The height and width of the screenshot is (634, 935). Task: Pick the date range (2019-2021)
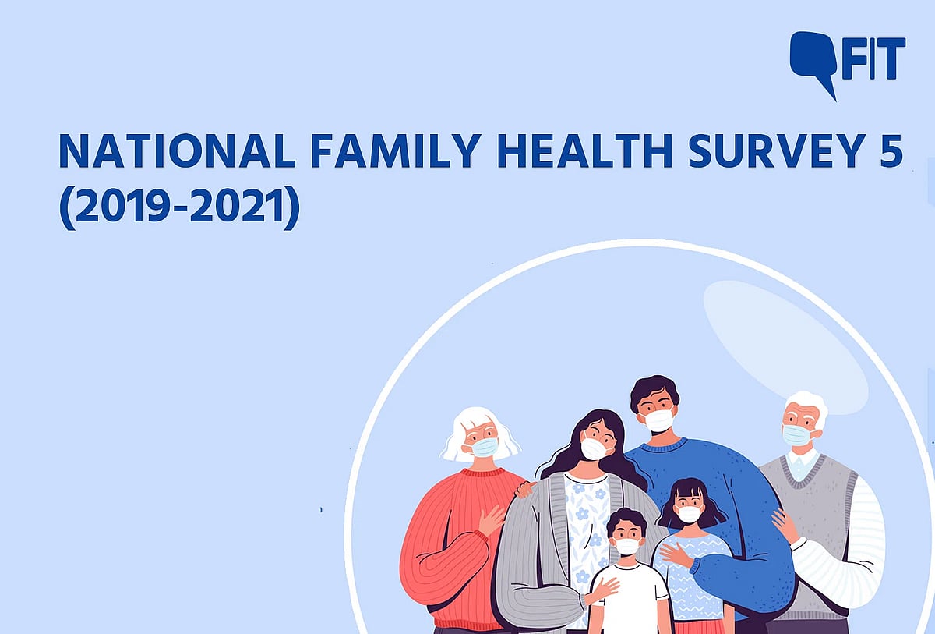tap(179, 207)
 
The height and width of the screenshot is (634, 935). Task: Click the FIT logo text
tap(874, 58)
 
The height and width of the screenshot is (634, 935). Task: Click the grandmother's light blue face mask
tap(485, 447)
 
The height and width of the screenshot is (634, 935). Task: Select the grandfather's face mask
tap(796, 434)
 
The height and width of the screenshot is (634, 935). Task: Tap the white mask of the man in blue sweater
tap(659, 420)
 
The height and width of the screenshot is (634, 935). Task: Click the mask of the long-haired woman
tap(594, 448)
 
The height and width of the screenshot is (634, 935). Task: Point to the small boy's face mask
tap(627, 546)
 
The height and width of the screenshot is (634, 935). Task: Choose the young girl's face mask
tap(689, 514)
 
